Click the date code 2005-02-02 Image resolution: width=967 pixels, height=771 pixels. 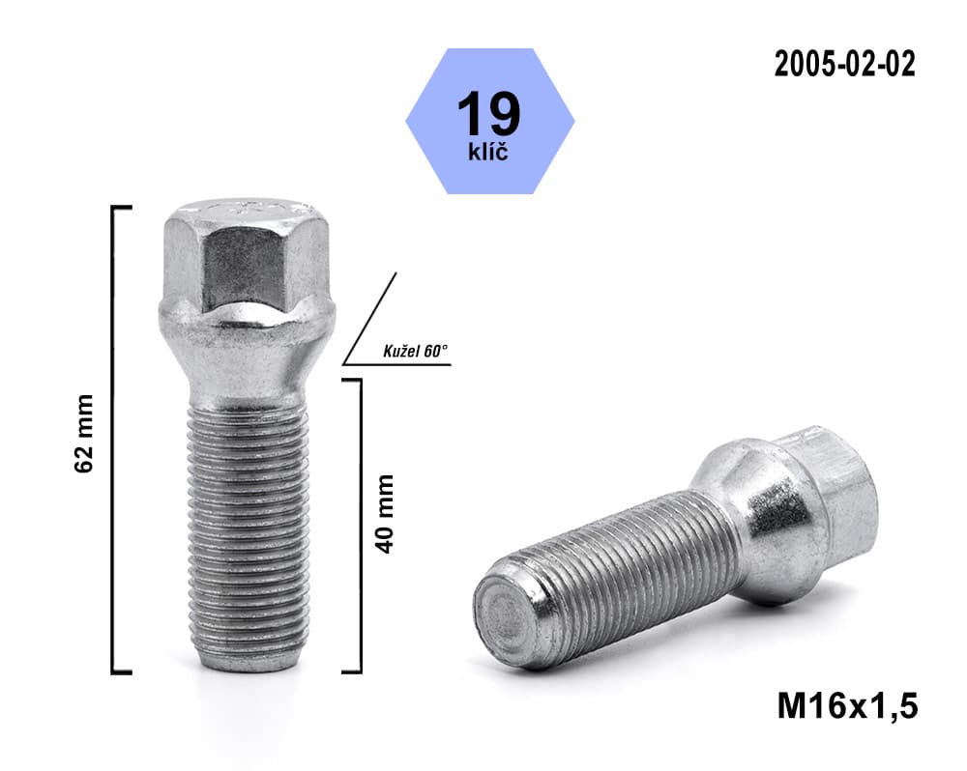click(x=844, y=64)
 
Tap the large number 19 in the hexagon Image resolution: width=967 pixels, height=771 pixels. click(x=489, y=113)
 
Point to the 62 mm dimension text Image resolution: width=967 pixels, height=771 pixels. click(x=83, y=433)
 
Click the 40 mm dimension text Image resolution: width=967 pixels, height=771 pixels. click(x=384, y=513)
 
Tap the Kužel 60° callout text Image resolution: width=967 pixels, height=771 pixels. click(x=415, y=352)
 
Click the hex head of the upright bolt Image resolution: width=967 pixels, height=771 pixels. click(x=248, y=253)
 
